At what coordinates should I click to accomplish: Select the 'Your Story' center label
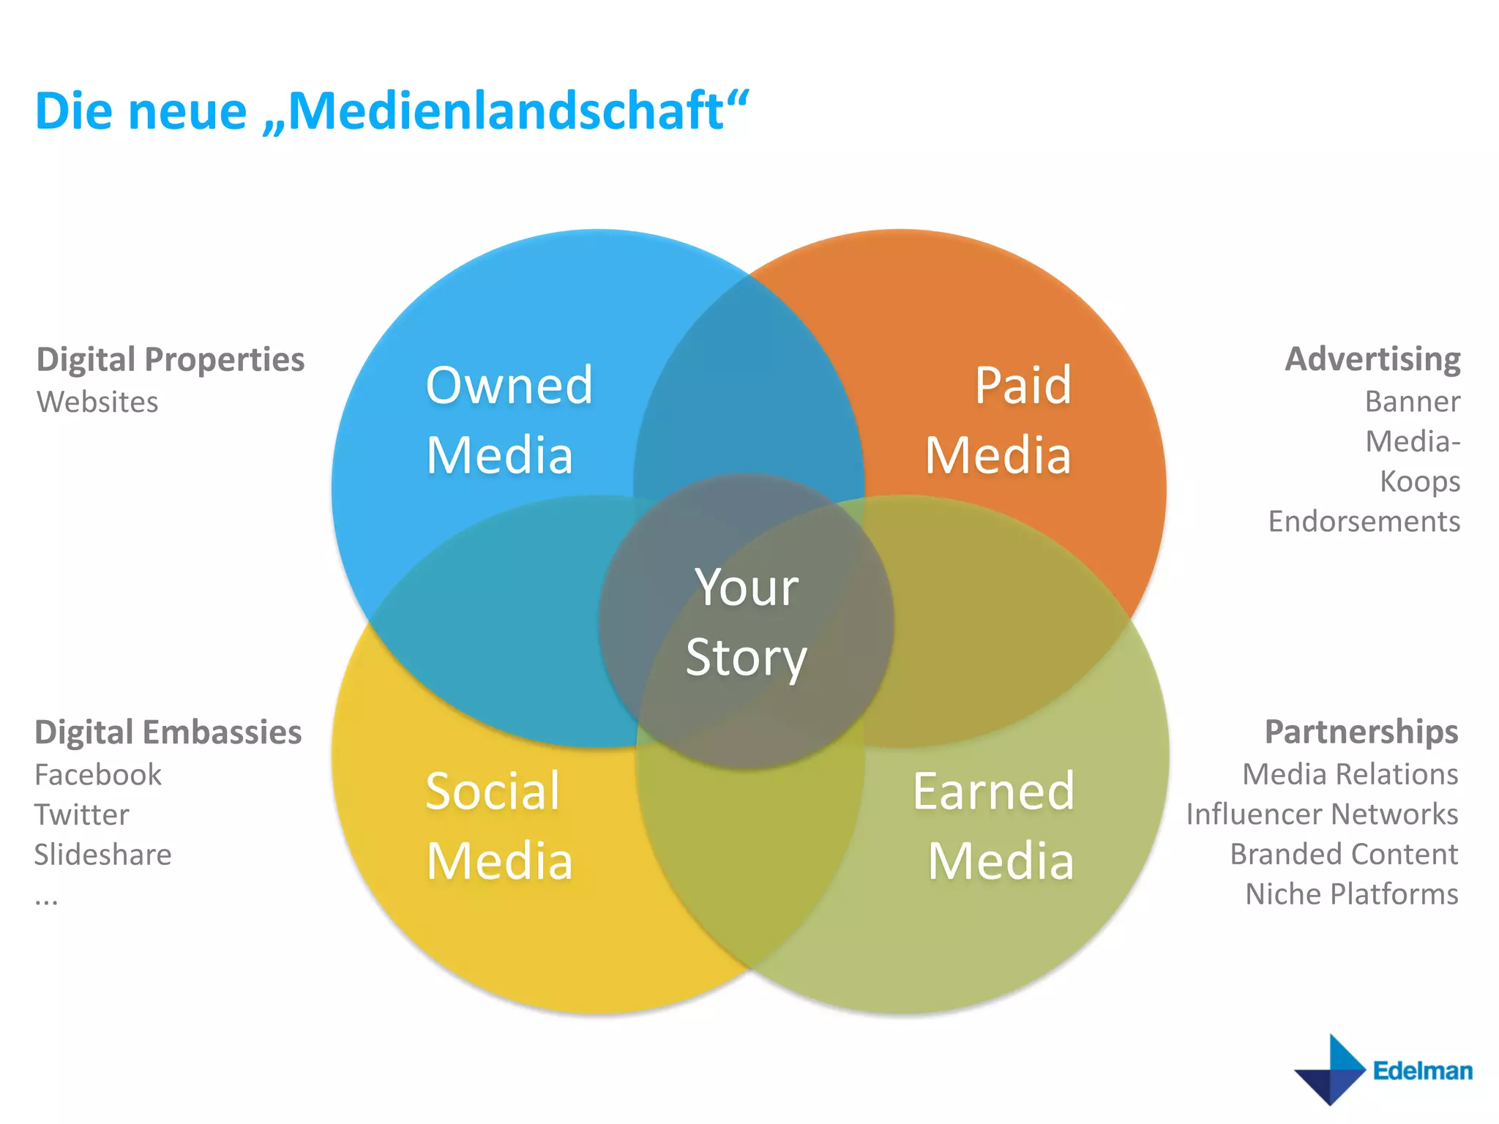(x=746, y=622)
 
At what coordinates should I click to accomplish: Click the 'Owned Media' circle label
(x=509, y=420)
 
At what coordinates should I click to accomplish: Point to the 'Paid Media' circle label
(x=998, y=420)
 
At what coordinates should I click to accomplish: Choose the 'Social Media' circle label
(x=498, y=825)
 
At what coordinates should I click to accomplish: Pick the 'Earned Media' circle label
(x=994, y=825)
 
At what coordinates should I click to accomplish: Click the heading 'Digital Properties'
(x=171, y=359)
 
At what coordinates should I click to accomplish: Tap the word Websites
(x=97, y=402)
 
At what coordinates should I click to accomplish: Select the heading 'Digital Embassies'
(x=168, y=732)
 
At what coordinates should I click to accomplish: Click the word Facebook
(x=98, y=774)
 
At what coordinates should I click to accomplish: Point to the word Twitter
(x=82, y=814)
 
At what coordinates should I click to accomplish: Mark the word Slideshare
(x=102, y=855)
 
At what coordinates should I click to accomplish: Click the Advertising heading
(x=1372, y=359)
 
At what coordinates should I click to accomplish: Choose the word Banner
(x=1412, y=401)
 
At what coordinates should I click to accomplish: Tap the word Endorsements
(x=1364, y=521)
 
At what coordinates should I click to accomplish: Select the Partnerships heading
(x=1361, y=732)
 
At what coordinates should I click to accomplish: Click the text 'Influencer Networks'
(x=1322, y=814)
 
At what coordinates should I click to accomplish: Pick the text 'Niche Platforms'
(x=1351, y=893)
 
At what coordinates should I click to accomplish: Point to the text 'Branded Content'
(x=1343, y=854)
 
